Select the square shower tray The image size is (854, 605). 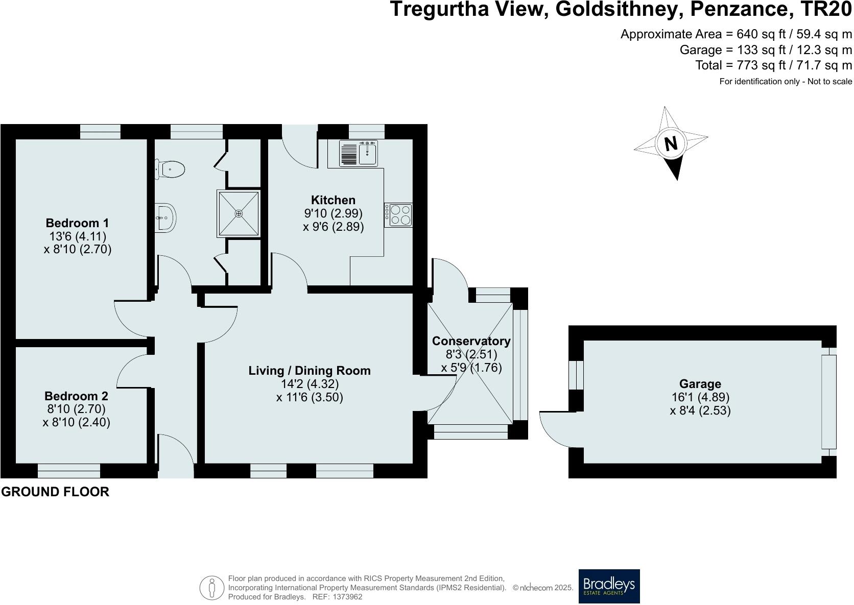(239, 213)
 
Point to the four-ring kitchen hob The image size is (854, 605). (399, 215)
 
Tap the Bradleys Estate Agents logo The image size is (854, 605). (609, 586)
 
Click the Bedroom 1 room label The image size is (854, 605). (77, 223)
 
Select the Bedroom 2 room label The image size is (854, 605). (76, 396)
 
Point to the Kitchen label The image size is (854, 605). (333, 200)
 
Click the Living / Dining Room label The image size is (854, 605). (310, 371)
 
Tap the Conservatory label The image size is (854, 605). (471, 341)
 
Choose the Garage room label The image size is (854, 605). (700, 384)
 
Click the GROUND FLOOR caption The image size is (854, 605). (55, 492)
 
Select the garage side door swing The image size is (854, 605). (556, 429)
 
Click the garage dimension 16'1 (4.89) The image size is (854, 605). (700, 397)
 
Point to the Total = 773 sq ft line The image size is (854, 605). (773, 65)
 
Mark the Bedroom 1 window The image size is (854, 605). (100, 131)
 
